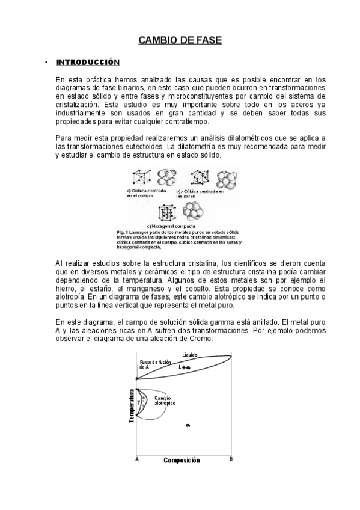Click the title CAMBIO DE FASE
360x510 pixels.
[x=180, y=40]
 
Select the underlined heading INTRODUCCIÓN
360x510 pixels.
[x=87, y=63]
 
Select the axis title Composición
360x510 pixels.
[x=182, y=461]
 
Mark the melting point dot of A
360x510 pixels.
[x=137, y=378]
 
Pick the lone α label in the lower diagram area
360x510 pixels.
[x=188, y=425]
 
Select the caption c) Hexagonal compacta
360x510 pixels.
[x=180, y=226]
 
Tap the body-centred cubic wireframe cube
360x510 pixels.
[x=142, y=177]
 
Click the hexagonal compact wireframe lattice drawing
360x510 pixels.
[x=167, y=212]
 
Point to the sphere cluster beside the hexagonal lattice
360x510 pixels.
[x=194, y=212]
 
